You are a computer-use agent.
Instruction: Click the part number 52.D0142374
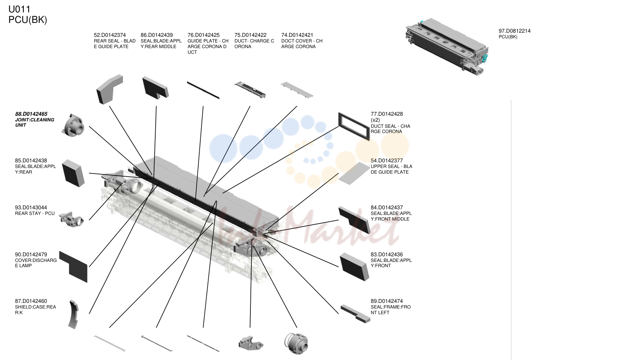(110, 35)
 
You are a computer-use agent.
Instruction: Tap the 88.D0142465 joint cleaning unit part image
(73, 126)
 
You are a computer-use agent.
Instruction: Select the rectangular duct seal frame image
(354, 127)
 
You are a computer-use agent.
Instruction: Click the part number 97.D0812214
(515, 31)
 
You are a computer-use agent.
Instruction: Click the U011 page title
(19, 9)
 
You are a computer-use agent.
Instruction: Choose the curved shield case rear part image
(74, 315)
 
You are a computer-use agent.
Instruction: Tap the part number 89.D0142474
(387, 301)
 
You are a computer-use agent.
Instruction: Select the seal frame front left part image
(355, 314)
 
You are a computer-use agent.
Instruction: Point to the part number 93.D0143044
(31, 207)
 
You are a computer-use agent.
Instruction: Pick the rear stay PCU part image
(72, 219)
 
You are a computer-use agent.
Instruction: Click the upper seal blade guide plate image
(354, 174)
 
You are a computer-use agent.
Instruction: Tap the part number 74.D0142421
(297, 35)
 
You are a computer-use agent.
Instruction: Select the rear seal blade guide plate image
(110, 89)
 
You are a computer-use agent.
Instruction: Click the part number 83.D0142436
(387, 254)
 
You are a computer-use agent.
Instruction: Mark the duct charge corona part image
(250, 90)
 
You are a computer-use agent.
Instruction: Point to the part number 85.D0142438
(31, 160)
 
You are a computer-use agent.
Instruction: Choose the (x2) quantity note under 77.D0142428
(375, 120)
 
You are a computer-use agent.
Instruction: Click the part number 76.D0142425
(203, 35)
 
